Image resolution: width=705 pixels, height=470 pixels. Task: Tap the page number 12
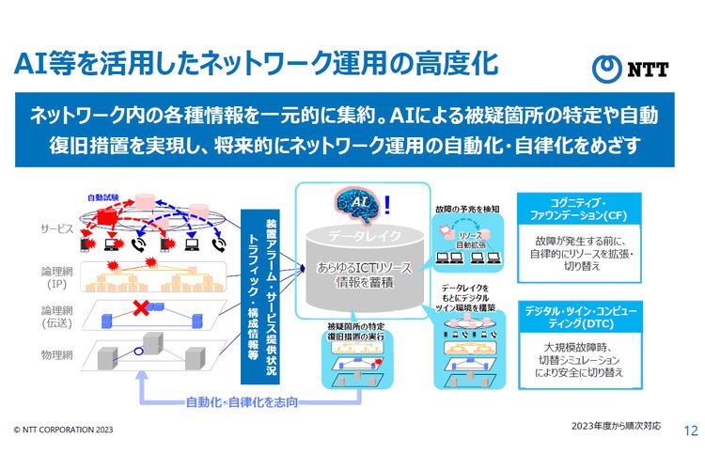(x=689, y=431)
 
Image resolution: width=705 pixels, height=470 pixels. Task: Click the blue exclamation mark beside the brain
(x=386, y=201)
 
